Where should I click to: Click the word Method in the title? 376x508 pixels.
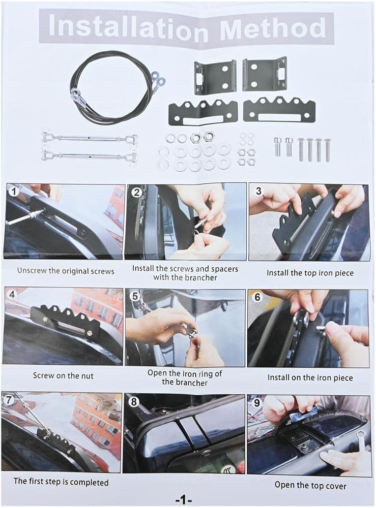pos(273,27)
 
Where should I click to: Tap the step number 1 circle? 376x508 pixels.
pos(13,192)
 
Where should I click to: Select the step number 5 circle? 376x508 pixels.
pos(135,296)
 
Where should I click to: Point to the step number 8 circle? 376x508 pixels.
pos(134,402)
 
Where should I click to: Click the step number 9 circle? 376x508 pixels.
pos(257,403)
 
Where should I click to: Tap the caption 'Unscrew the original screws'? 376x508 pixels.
pos(66,271)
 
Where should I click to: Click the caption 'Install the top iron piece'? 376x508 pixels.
pos(310,273)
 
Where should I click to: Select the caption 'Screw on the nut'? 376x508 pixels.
pos(63,376)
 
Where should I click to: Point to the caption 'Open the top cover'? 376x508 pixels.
pos(310,485)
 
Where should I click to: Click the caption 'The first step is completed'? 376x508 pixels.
pos(61,482)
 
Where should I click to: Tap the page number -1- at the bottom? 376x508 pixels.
pos(184,500)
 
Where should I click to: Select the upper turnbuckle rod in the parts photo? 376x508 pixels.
pos(90,139)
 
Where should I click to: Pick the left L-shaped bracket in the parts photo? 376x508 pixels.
pos(214,77)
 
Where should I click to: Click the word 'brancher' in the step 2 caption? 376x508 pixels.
pos(201,278)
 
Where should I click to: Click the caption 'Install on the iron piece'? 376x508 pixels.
pos(310,378)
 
